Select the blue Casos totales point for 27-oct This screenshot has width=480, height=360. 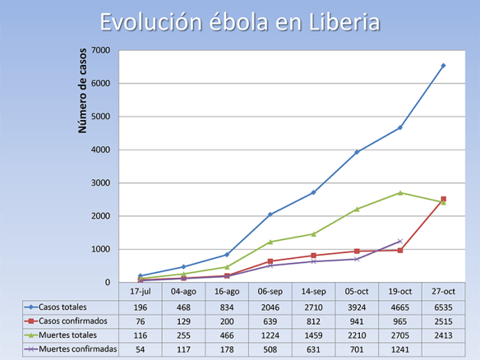click(x=443, y=66)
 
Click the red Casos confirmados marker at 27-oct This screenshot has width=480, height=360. click(x=443, y=199)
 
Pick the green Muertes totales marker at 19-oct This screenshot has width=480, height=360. click(x=400, y=193)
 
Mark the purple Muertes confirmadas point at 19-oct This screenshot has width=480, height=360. click(x=400, y=242)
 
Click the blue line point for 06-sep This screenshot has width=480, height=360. click(x=270, y=215)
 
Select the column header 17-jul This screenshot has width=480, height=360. click(x=141, y=291)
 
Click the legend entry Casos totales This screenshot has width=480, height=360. click(x=61, y=306)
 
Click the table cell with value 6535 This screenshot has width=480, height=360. click(x=443, y=306)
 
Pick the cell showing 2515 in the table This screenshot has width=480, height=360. click(x=443, y=321)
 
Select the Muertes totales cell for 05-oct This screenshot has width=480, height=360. click(x=357, y=335)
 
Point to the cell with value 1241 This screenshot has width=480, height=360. click(x=400, y=349)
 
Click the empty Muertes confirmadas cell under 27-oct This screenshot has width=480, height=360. click(x=443, y=349)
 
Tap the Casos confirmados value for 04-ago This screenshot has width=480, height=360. click(x=183, y=321)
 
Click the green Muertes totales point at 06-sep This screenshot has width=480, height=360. click(x=270, y=242)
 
